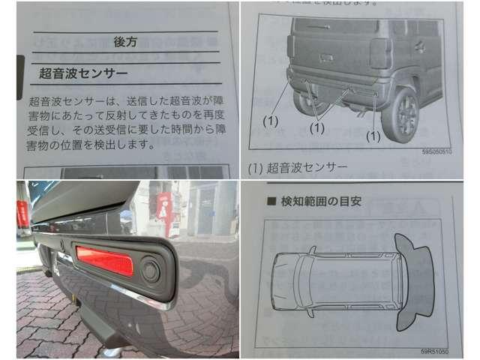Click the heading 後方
[124, 42]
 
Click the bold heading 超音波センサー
[83, 73]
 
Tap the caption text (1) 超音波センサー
[298, 166]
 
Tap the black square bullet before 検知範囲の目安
[270, 202]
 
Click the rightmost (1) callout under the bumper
[373, 136]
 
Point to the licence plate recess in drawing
[326, 57]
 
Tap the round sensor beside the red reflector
[151, 270]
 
